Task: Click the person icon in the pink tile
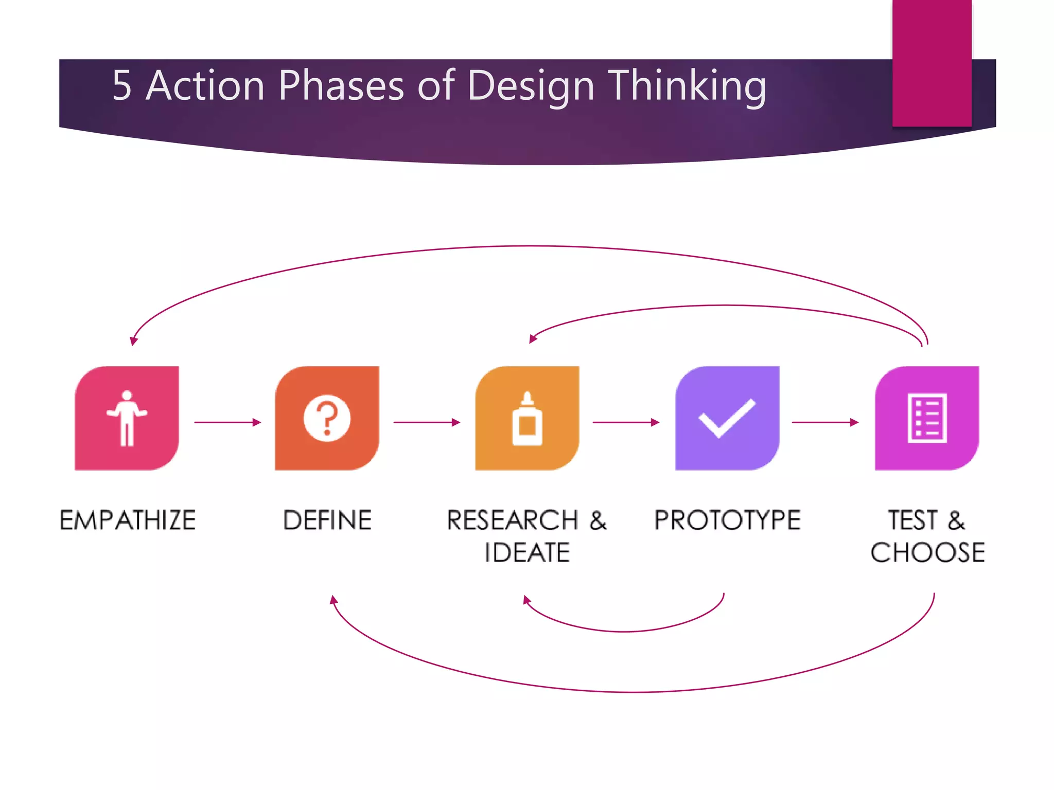pos(127,418)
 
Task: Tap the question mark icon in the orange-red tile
pos(327,418)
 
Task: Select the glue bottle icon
pos(527,419)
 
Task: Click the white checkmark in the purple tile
pos(727,418)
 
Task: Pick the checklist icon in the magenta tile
pos(927,418)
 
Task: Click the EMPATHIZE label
pos(128,520)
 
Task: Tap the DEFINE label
pos(327,520)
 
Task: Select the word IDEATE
pos(527,553)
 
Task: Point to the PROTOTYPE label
pos(727,520)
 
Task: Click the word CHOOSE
pos(927,553)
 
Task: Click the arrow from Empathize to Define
pos(227,422)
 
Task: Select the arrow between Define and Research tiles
pos(427,422)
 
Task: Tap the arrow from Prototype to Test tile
pos(825,422)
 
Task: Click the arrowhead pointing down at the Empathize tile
pos(133,341)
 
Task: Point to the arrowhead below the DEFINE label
pos(333,599)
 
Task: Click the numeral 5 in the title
pos(121,86)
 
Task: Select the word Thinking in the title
pos(687,86)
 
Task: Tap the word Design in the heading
pos(531,86)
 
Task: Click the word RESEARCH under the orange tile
pos(513,520)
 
